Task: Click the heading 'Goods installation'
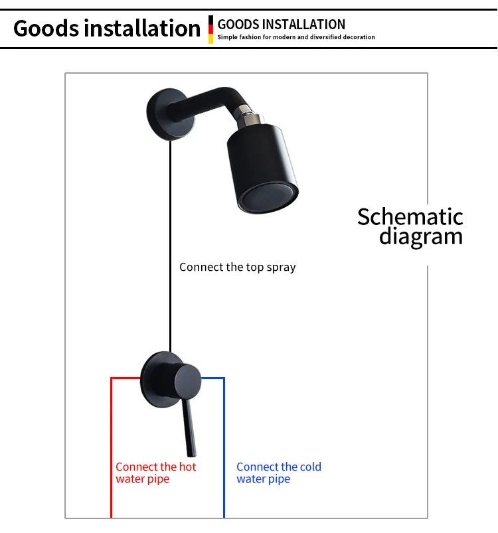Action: pyautogui.click(x=106, y=29)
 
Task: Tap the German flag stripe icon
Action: pyautogui.click(x=210, y=29)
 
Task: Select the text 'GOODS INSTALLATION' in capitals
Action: pyautogui.click(x=282, y=25)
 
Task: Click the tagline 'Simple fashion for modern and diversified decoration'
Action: pyautogui.click(x=296, y=37)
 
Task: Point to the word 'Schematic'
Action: pyautogui.click(x=410, y=216)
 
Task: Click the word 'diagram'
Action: pyautogui.click(x=420, y=236)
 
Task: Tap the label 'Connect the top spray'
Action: pyautogui.click(x=237, y=267)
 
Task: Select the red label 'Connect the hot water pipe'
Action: pyautogui.click(x=156, y=473)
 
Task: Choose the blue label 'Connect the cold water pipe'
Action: pyautogui.click(x=278, y=473)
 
